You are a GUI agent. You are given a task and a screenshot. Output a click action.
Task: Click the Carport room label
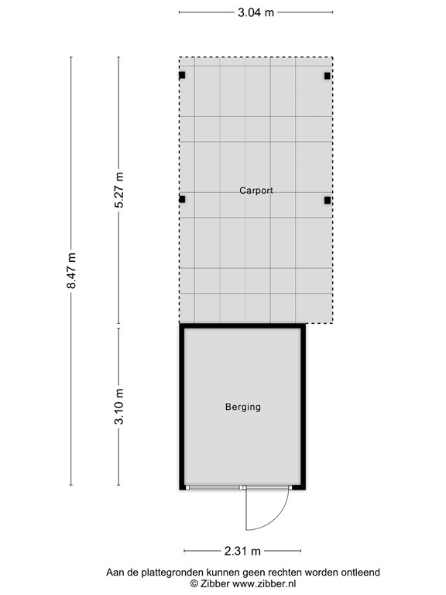click(x=256, y=190)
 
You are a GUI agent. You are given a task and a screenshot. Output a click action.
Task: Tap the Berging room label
click(x=243, y=407)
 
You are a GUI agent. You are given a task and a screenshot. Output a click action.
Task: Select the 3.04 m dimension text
click(x=256, y=12)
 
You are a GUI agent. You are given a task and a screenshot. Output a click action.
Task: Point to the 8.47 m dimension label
click(x=72, y=271)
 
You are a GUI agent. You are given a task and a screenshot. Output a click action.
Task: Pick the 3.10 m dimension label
click(x=118, y=406)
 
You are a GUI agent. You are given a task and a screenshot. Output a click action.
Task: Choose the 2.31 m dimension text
click(x=243, y=551)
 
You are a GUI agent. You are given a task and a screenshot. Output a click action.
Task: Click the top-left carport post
click(x=182, y=76)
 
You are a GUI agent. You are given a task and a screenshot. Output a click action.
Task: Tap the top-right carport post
click(x=328, y=76)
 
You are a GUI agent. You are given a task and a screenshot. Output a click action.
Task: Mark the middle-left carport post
click(x=182, y=200)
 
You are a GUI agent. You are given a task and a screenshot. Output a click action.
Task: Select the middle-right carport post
click(x=328, y=200)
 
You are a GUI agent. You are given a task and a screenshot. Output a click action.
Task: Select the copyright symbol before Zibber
click(x=194, y=583)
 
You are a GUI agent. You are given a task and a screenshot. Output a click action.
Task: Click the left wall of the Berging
click(x=184, y=407)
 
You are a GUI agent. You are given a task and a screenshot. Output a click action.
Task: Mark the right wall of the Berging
click(x=303, y=407)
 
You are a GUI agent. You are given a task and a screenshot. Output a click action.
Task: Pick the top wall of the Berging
click(x=243, y=327)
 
